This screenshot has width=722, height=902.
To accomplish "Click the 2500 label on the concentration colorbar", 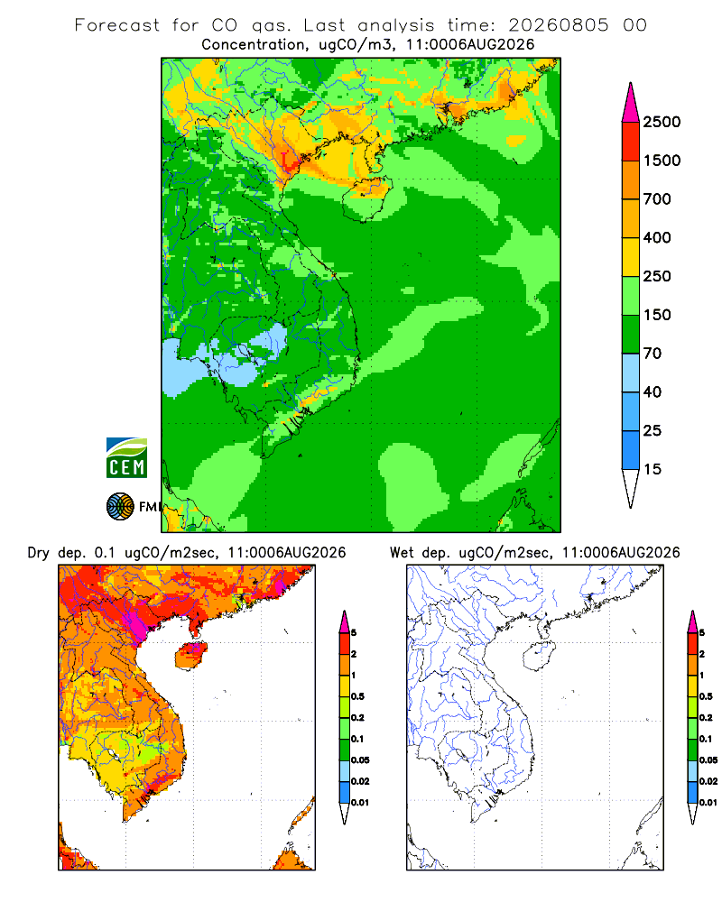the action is click(662, 122).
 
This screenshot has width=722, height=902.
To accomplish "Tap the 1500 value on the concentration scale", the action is click(662, 161).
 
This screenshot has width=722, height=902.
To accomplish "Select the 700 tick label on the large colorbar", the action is click(657, 199).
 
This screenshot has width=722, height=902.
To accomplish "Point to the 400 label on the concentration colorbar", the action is click(657, 237).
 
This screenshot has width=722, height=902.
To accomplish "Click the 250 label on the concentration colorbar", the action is click(657, 276).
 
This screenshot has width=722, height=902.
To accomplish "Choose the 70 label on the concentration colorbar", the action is click(653, 354).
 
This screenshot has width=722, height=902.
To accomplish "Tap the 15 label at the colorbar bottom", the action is click(653, 469).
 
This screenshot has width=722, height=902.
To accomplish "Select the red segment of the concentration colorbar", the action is click(631, 142).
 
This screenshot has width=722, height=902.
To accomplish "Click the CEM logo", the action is click(126, 458).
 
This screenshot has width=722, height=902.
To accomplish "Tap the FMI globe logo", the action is click(120, 507).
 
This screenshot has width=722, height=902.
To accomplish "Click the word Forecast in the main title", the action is click(117, 25).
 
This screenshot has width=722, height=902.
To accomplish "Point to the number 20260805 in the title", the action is click(558, 25).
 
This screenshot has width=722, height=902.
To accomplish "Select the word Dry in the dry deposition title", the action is click(39, 553).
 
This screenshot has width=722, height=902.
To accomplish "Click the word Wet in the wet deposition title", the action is click(402, 553).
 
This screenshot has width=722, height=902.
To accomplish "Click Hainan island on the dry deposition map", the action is click(191, 657).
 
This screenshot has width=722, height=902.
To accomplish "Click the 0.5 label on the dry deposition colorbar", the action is click(357, 696).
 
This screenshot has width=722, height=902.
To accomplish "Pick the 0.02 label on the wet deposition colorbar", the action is click(708, 781).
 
